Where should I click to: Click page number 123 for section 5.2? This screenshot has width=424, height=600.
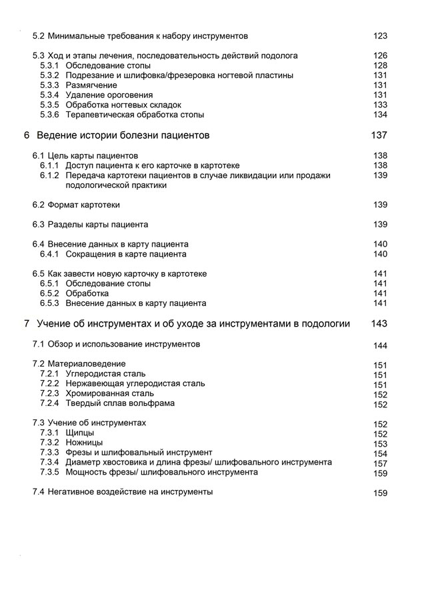[380, 36]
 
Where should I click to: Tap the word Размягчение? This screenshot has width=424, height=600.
[91, 85]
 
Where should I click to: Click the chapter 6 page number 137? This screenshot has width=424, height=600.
[379, 135]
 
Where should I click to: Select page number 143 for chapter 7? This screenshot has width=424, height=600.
[379, 324]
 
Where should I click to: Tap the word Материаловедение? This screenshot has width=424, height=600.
[87, 364]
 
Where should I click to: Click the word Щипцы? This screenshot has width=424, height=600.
[80, 433]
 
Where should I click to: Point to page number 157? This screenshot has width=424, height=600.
[380, 463]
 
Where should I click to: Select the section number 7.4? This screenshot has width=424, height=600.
[39, 492]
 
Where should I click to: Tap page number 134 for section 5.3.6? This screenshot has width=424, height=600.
[380, 115]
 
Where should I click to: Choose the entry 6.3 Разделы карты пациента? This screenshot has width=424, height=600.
[90, 224]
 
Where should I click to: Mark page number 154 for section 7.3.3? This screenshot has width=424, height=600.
[380, 454]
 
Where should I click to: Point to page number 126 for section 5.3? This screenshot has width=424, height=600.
[380, 56]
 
